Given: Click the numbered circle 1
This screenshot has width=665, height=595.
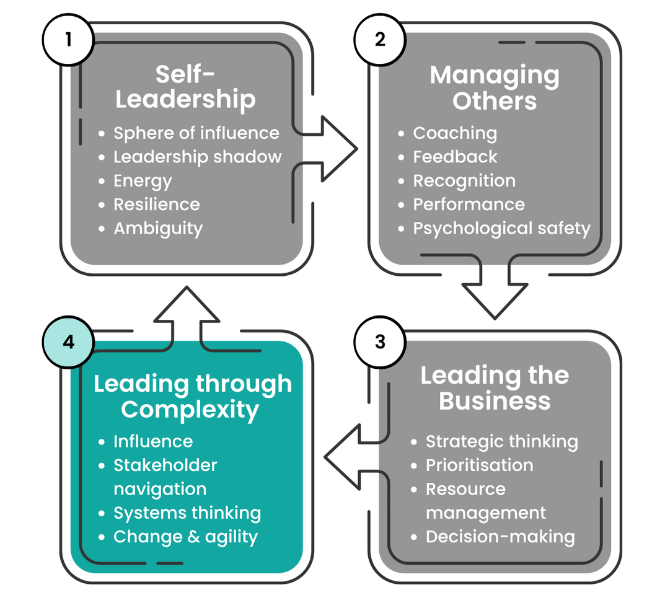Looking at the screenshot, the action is (x=68, y=40).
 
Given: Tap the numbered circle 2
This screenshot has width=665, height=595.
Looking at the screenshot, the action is (x=380, y=40).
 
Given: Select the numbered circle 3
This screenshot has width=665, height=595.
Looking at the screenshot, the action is (x=380, y=342).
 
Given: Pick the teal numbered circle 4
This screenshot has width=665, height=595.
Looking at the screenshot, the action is (x=68, y=342).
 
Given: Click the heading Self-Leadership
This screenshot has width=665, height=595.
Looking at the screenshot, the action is (x=185, y=87).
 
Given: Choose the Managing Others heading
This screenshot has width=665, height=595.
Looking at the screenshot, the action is (x=495, y=87).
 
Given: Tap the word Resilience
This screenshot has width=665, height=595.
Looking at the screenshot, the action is (x=157, y=205).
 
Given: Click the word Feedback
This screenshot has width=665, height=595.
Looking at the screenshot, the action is (x=455, y=157).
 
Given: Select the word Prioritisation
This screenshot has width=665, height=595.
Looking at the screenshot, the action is (x=479, y=465).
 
